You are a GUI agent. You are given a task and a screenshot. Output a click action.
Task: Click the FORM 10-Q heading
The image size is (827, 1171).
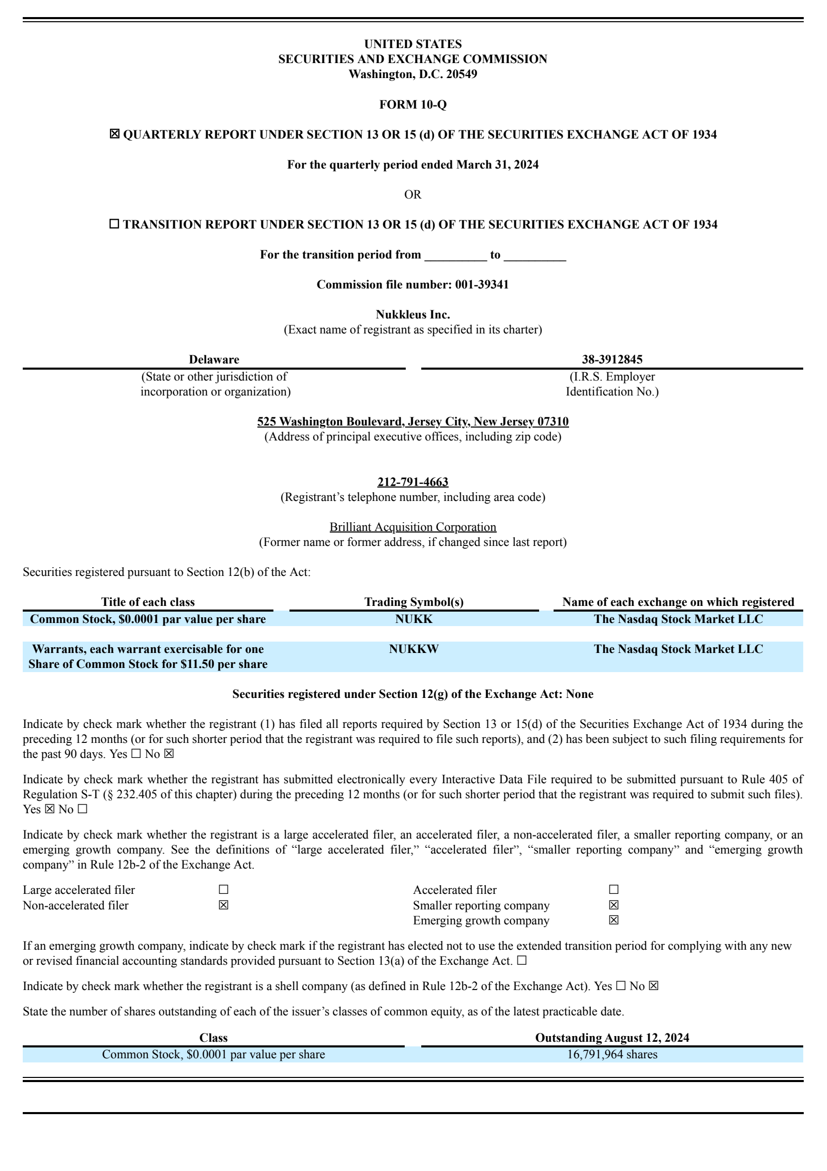412,104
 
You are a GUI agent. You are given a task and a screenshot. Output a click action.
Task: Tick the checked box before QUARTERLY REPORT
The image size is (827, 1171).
114,134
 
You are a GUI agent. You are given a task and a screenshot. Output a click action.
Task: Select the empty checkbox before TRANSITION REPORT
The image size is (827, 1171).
114,224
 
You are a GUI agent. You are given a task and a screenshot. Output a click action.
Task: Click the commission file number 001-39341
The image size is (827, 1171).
482,284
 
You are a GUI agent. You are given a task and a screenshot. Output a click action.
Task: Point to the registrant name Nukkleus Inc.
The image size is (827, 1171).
412,314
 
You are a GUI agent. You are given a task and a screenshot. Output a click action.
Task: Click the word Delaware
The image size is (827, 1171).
213,359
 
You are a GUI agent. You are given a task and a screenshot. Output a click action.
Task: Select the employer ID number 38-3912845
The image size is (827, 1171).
612,359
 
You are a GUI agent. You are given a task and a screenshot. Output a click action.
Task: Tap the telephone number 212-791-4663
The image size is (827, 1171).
412,482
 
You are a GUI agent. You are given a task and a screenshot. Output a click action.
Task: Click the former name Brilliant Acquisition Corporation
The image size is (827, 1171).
412,527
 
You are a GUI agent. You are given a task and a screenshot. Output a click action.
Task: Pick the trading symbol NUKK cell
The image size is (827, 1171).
413,619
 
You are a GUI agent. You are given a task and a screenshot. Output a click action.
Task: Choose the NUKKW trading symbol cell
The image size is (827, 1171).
413,649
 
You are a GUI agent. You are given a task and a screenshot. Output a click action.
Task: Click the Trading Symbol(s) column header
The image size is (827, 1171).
413,602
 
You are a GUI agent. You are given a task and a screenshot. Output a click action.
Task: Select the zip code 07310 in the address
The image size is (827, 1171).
553,421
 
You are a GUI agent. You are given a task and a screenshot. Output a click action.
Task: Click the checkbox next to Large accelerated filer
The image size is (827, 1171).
223,890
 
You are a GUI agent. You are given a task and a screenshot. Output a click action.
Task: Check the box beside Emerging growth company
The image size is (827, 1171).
614,920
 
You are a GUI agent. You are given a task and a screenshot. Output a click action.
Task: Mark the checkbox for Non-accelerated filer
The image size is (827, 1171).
223,905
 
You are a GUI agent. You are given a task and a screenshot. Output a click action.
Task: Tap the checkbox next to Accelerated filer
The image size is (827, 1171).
614,890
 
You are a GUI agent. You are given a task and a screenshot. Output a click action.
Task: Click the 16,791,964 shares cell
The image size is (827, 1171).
612,1054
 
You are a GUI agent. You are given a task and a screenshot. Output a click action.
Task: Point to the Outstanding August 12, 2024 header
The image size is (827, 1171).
612,1038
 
